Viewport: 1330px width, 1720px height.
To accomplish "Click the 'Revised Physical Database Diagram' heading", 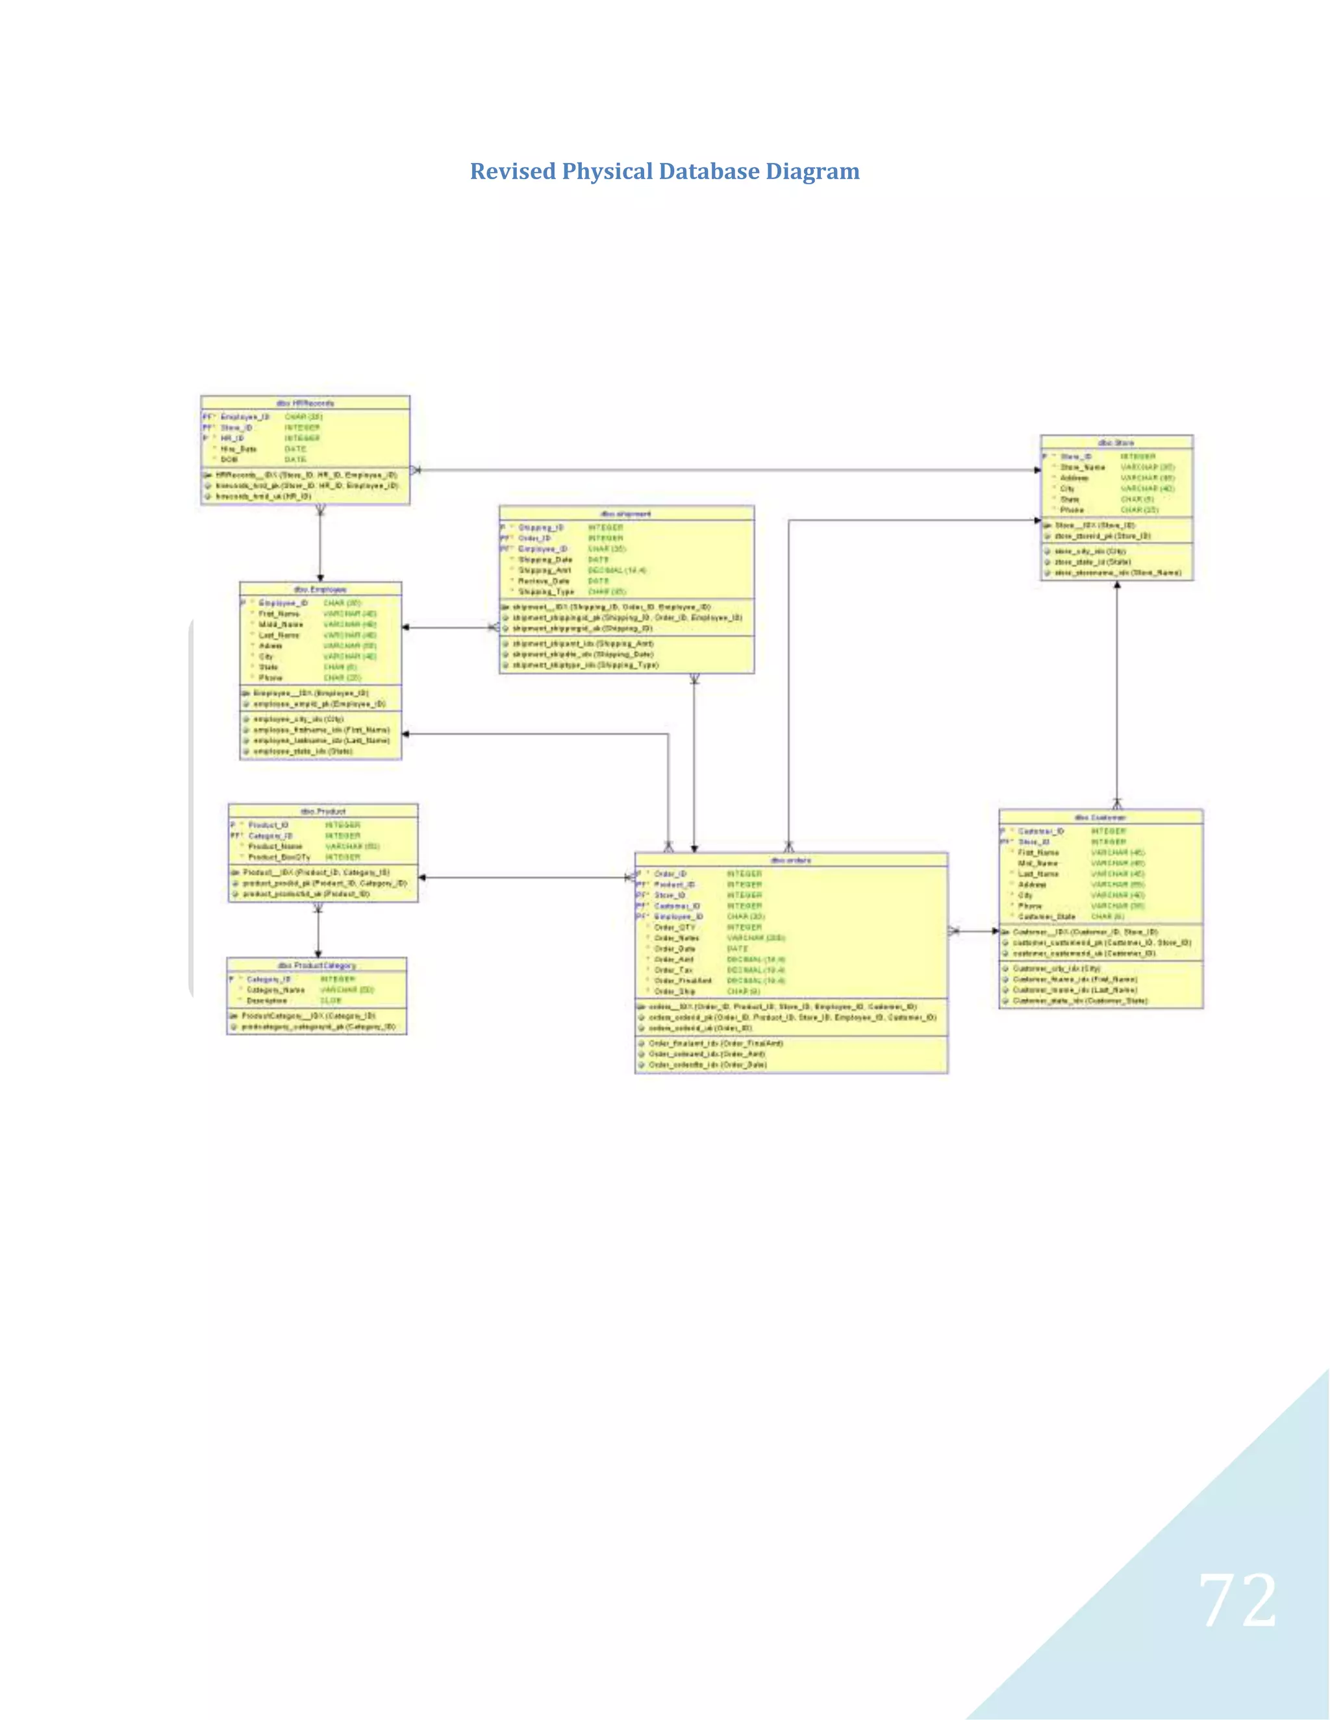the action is click(664, 172).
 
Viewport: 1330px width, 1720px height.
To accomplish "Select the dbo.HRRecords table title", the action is click(305, 403).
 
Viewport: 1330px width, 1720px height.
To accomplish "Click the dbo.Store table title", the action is click(1116, 443).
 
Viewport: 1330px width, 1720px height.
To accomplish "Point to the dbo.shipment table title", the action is click(627, 513).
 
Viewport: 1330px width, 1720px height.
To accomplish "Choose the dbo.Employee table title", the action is click(320, 589).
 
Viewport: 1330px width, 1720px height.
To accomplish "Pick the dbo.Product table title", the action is click(323, 811).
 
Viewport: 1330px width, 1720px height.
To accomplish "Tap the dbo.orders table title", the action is click(790, 860).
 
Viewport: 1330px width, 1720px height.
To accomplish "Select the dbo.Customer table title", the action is click(1100, 817).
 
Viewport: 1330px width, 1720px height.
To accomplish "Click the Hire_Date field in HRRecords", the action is click(239, 449).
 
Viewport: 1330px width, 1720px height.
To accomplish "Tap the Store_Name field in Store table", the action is click(1083, 467).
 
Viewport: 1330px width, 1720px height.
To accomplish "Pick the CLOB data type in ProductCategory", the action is click(331, 1000).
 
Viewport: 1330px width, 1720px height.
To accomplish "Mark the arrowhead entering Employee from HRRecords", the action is click(320, 578).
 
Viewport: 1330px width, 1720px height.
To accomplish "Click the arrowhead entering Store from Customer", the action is click(1116, 585).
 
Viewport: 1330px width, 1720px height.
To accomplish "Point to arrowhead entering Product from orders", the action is click(422, 878).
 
